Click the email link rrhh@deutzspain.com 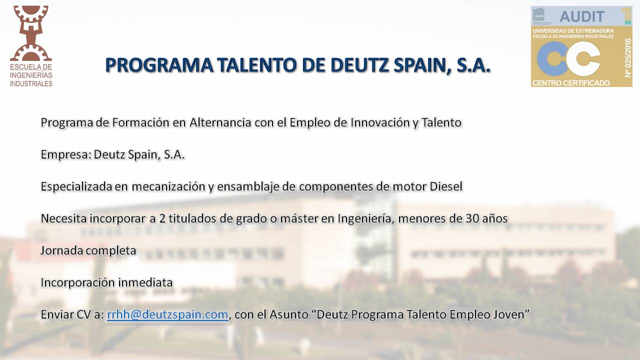tap(167, 314)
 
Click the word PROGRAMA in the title tap(159, 65)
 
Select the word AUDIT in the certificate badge tap(581, 16)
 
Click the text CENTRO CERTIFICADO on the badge tap(571, 83)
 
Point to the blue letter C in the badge tap(552, 59)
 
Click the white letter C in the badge tap(583, 59)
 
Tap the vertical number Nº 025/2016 tap(627, 58)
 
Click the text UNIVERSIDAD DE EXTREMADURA tap(573, 31)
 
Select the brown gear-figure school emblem tap(31, 33)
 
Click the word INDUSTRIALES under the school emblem tap(31, 83)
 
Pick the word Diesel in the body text tap(446, 186)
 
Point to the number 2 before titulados tap(162, 218)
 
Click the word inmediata tap(145, 282)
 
